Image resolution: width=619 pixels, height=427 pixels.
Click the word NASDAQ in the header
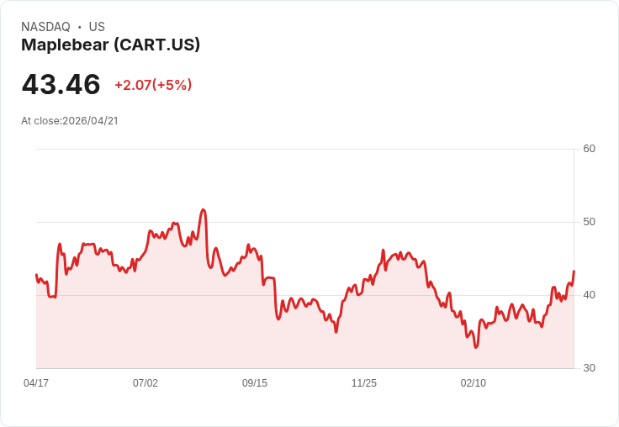point(45,27)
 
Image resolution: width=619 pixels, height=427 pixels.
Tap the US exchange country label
point(97,27)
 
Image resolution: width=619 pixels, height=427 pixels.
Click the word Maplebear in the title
point(65,45)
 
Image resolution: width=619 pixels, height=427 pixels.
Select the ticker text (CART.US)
point(157,45)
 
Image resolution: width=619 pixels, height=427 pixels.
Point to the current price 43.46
point(61,84)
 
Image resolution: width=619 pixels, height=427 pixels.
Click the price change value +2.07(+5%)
point(153,85)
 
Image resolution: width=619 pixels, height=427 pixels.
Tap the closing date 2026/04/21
point(90,121)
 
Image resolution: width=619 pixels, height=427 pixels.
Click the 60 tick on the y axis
point(589,149)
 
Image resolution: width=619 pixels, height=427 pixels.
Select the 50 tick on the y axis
point(589,222)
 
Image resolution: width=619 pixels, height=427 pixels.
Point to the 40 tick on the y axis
point(589,295)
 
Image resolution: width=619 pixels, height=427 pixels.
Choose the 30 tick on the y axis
point(589,368)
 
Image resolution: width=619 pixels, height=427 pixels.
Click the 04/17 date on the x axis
point(36,382)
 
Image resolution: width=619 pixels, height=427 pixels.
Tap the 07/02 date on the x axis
point(145,382)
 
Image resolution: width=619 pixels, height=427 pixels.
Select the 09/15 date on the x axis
point(255,382)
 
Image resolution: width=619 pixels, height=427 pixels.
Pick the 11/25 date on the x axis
point(364,382)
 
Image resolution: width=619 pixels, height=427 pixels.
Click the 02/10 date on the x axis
point(474,382)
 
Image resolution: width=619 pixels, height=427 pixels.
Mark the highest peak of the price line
point(204,209)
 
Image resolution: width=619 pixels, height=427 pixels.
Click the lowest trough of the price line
point(476,347)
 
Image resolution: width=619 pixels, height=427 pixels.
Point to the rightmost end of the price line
point(574,271)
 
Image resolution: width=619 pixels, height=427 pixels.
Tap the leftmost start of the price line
point(36,274)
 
